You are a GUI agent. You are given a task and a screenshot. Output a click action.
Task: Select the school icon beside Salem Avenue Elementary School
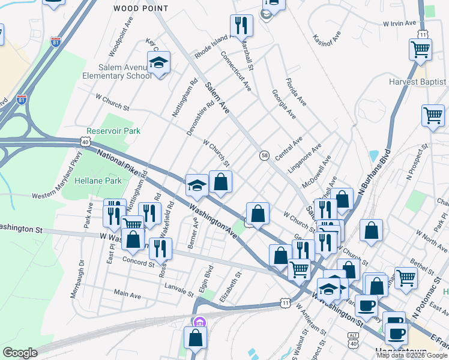click(158, 63)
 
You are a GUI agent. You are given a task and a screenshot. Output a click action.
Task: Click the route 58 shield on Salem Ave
click(264, 155)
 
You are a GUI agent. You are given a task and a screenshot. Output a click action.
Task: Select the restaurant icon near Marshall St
click(241, 26)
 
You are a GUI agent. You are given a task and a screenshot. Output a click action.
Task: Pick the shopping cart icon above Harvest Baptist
click(420, 50)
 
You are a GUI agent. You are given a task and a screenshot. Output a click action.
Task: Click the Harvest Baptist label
click(418, 82)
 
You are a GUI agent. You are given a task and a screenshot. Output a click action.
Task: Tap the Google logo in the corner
click(20, 353)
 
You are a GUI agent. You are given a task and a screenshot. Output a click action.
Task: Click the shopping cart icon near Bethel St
click(406, 278)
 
